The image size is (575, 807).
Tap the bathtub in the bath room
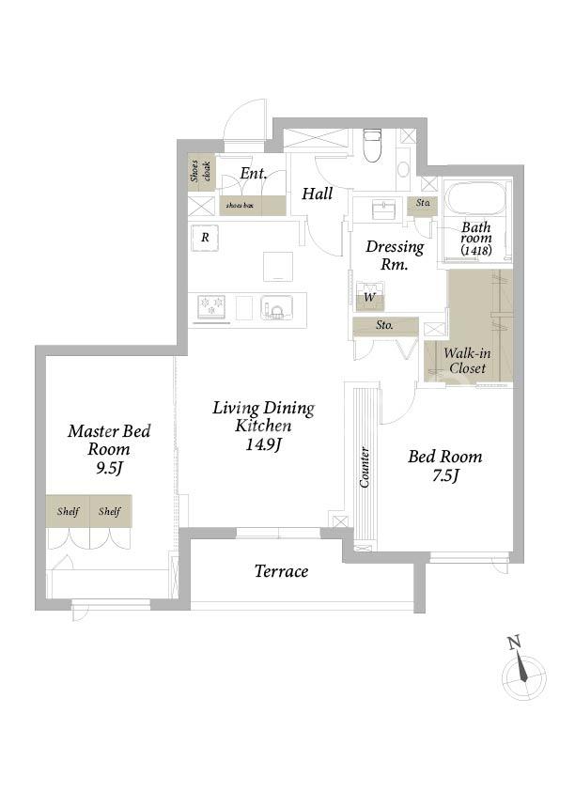click(x=474, y=200)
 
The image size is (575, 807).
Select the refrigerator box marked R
click(x=206, y=238)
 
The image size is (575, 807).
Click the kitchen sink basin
click(x=277, y=307)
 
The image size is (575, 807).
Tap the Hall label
click(x=318, y=194)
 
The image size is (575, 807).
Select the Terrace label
click(x=282, y=571)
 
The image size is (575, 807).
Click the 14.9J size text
click(x=263, y=444)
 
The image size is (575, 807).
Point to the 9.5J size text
click(x=109, y=468)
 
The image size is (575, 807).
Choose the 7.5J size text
click(x=444, y=475)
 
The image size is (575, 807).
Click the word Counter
click(x=364, y=467)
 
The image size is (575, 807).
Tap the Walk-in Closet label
click(x=467, y=361)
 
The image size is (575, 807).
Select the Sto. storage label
click(x=384, y=325)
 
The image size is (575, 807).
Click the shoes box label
click(x=240, y=206)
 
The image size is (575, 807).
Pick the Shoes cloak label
click(x=201, y=171)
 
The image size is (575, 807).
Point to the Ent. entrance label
click(x=254, y=174)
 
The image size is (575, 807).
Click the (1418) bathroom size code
click(x=476, y=251)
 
